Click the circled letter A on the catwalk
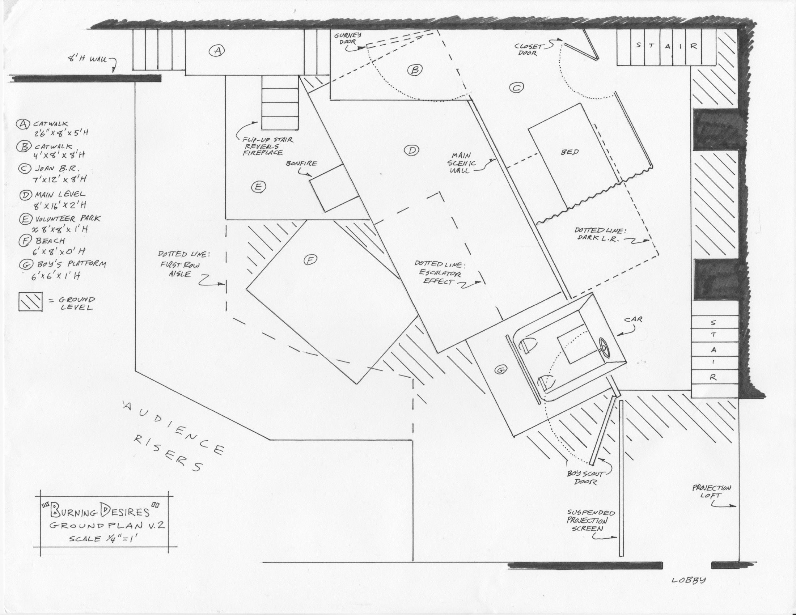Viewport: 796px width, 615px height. pos(217,50)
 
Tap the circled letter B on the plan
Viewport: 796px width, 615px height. pos(414,69)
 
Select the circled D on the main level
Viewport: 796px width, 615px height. pos(411,150)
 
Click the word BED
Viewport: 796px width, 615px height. pos(570,152)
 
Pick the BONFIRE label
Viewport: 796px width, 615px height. pos(301,164)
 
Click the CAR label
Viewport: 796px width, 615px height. pos(633,319)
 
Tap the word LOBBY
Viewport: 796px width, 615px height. pos(689,580)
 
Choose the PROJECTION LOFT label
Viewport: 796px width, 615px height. pos(711,492)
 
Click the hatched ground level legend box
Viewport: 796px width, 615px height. pos(31,302)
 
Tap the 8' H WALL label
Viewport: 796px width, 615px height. pos(88,58)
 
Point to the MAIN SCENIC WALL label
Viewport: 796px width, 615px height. pos(462,163)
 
